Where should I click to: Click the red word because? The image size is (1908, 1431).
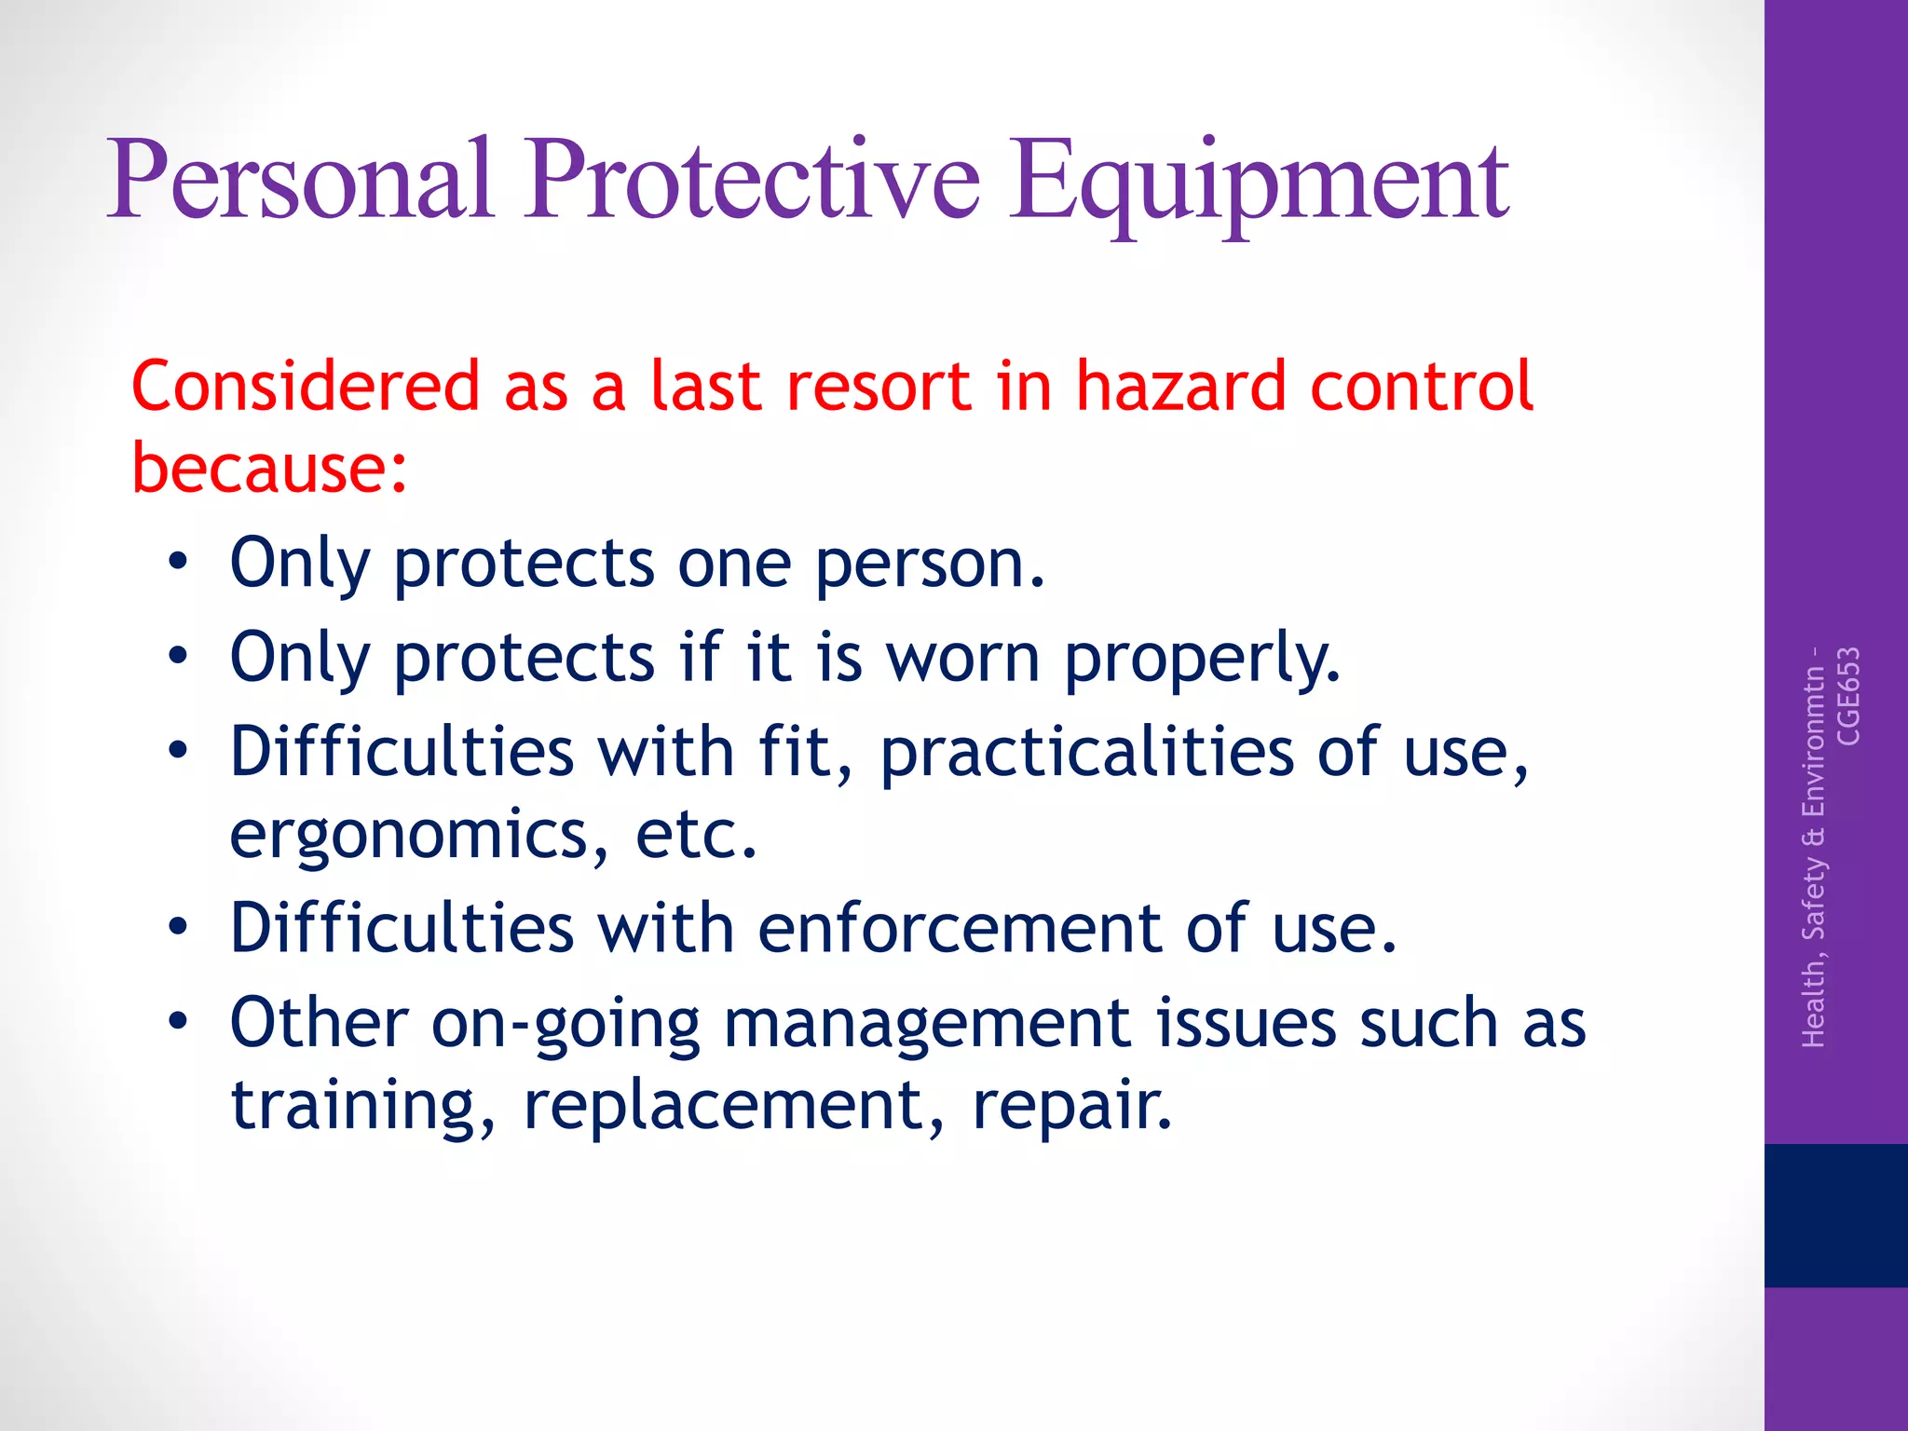pos(269,468)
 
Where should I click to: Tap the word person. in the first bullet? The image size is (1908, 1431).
pos(930,565)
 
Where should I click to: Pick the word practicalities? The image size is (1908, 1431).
pos(1086,753)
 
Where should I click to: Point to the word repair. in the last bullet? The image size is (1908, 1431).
pos(1071,1107)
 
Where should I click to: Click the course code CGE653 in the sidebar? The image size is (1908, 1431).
pos(1848,696)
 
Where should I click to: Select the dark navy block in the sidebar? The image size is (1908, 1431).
pos(1835,1215)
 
